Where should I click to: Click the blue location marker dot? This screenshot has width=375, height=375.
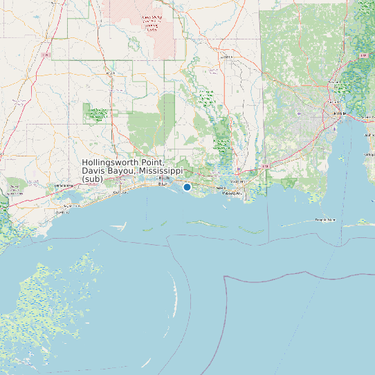coord(187,187)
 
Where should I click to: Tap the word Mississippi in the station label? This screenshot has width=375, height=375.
coord(160,171)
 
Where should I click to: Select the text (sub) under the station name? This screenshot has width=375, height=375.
coord(91,179)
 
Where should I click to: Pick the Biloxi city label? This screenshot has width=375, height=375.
coord(163,184)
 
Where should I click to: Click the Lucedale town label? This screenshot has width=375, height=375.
coord(226,57)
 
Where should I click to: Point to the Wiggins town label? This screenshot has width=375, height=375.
coord(111,71)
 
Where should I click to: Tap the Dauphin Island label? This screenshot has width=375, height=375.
coord(325,220)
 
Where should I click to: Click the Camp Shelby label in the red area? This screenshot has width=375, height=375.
coord(150,24)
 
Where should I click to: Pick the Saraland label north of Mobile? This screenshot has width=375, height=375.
coord(336,82)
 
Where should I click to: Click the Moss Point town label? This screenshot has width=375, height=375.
coord(237,181)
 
